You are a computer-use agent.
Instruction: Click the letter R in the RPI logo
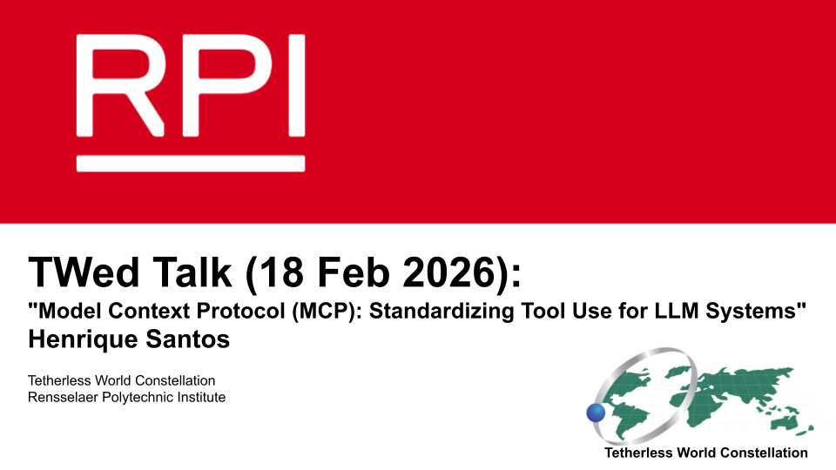pos(120,85)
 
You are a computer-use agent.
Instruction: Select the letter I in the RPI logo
pos(297,85)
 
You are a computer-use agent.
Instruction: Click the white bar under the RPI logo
pos(191,164)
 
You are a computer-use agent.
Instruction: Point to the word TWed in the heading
pos(84,272)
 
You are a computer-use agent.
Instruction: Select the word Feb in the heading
pos(354,272)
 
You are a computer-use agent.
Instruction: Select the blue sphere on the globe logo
pos(596,413)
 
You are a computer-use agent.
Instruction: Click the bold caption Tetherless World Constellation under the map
pos(706,453)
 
